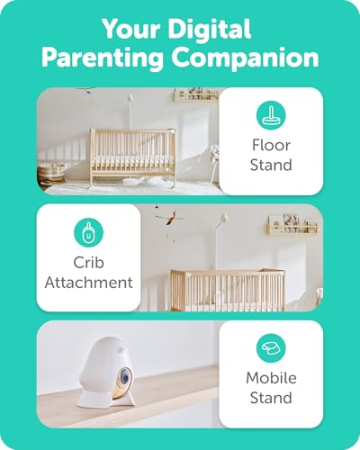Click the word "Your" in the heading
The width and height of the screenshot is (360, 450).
127,27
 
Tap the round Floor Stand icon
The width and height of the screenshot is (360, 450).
271,118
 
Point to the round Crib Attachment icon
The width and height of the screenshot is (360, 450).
88,233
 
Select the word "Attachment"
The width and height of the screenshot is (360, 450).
88,282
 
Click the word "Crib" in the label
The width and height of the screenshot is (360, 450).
88,263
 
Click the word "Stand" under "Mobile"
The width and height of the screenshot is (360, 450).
271,398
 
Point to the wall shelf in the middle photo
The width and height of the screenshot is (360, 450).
293,225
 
